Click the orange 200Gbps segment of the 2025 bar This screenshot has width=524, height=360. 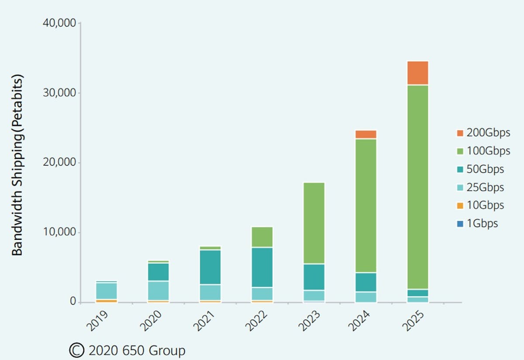(417, 73)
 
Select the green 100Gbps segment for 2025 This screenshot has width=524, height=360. (417, 187)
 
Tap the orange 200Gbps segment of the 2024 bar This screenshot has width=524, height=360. (365, 134)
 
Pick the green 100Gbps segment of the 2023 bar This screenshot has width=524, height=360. (314, 223)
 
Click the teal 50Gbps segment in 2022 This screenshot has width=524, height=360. (262, 267)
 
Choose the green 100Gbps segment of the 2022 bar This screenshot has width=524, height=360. (262, 237)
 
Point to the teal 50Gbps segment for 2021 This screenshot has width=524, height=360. (210, 267)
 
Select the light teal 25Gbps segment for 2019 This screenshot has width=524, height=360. (106, 291)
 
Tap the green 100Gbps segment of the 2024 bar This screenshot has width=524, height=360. (365, 205)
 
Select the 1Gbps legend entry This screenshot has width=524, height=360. (477, 224)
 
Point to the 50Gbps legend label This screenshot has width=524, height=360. (485, 169)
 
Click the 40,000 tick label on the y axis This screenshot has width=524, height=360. (59, 23)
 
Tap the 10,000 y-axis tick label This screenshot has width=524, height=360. (59, 232)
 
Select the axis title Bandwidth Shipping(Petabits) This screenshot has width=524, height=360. (17, 165)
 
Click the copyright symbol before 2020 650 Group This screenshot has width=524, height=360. (76, 350)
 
